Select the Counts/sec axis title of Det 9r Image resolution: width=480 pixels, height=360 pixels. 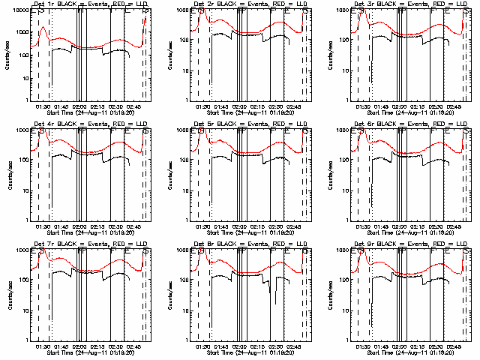point(328,294)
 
